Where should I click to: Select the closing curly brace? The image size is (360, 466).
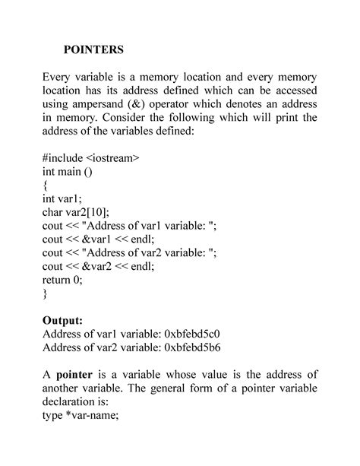pos(46,293)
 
